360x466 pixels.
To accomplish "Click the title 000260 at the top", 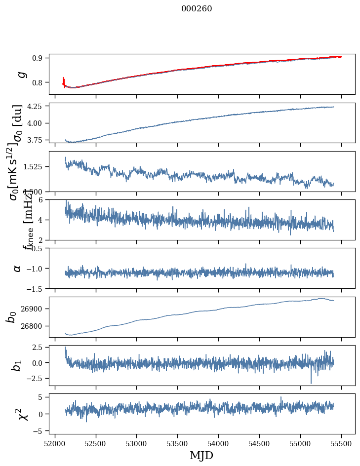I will pyautogui.click(x=197, y=9).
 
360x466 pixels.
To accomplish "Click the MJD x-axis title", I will pyautogui.click(x=201, y=455).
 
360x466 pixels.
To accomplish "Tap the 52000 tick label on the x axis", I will pyautogui.click(x=55, y=443).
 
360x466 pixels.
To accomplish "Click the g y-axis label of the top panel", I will pyautogui.click(x=21, y=74).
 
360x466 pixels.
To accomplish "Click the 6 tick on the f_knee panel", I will pyautogui.click(x=43, y=199).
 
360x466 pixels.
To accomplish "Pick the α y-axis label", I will pyautogui.click(x=18, y=268).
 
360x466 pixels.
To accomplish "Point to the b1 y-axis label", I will pyautogui.click(x=17, y=365).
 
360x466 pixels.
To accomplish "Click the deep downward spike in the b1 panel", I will pyautogui.click(x=311, y=382).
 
